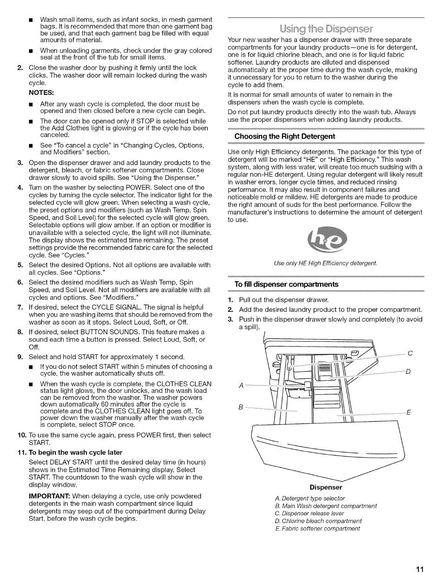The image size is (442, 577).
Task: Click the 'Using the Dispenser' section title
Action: [x=326, y=29]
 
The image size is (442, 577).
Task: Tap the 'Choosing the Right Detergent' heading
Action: [x=284, y=137]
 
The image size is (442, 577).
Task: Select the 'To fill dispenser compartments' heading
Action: [x=286, y=285]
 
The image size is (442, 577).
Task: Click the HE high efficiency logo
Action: [x=327, y=239]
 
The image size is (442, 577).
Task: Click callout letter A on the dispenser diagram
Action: [x=241, y=385]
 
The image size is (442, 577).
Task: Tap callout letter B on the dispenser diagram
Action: [x=241, y=407]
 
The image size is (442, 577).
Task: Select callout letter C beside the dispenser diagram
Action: [x=410, y=353]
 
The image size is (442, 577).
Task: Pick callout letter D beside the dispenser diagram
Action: [x=408, y=371]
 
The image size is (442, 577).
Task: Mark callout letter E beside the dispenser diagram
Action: [x=409, y=412]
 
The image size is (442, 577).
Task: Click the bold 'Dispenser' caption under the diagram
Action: [x=326, y=488]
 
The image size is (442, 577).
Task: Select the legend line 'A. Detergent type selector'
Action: [x=310, y=498]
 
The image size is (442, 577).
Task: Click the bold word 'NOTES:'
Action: [x=41, y=93]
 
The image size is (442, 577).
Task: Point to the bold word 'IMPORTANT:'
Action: [x=49, y=496]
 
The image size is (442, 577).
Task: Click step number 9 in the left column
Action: [x=20, y=357]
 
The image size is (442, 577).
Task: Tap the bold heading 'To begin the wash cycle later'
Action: [x=75, y=452]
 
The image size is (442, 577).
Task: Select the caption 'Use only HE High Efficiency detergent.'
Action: [x=326, y=264]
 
